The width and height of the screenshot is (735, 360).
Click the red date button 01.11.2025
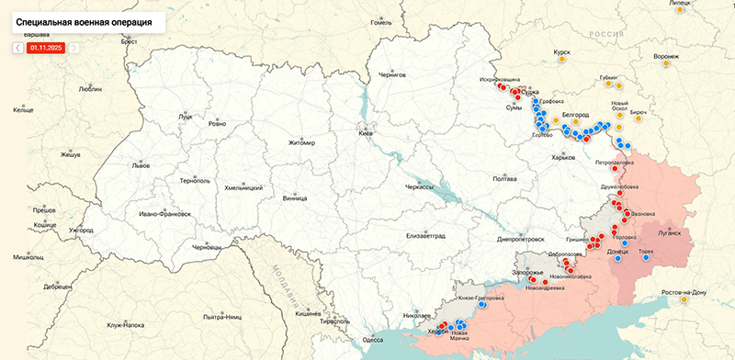click(45, 47)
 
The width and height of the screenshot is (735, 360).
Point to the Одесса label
click(372, 340)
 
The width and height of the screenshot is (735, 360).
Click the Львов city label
click(141, 166)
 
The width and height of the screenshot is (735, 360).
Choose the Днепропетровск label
click(520, 238)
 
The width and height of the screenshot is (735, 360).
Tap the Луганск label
click(670, 233)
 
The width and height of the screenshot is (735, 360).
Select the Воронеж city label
click(666, 56)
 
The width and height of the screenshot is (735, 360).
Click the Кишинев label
click(308, 313)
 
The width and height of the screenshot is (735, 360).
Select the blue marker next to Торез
click(647, 258)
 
